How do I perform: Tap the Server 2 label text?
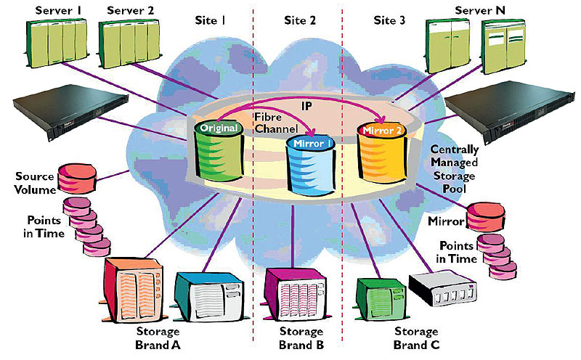click(x=130, y=11)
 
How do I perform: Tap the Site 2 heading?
click(x=299, y=21)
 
